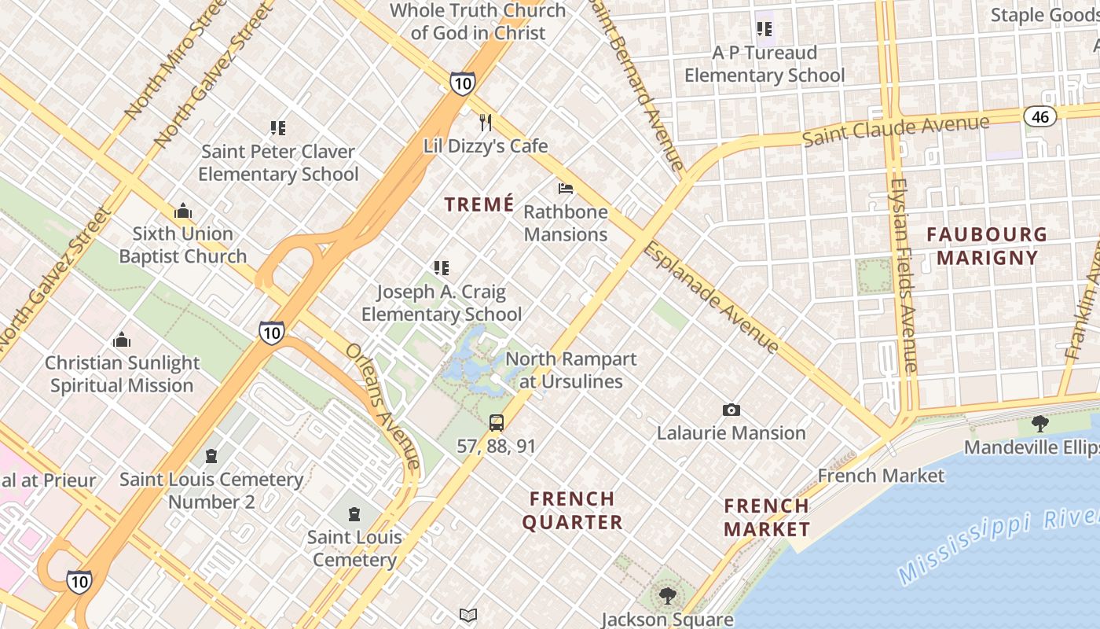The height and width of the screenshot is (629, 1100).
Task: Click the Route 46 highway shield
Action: [x=1039, y=116]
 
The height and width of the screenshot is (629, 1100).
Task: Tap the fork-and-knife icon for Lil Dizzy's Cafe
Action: [x=486, y=123]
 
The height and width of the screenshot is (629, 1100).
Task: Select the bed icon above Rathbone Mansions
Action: [x=566, y=189]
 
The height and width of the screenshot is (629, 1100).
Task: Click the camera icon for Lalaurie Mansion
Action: [x=731, y=410]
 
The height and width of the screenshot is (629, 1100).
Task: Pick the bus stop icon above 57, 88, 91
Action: [x=497, y=423]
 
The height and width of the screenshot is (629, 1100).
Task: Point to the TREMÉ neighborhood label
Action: [x=479, y=205]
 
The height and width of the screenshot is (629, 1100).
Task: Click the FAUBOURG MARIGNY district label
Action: [x=987, y=245]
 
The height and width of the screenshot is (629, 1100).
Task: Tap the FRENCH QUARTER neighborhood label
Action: [x=572, y=510]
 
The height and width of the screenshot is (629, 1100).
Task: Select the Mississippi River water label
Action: [x=998, y=546]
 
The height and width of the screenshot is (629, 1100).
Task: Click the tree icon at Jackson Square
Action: [x=667, y=596]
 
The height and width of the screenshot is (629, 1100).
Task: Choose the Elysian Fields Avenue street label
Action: [x=904, y=275]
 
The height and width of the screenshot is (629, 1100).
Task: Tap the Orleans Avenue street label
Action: [x=383, y=409]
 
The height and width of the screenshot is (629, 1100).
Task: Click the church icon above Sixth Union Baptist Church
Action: [x=183, y=212]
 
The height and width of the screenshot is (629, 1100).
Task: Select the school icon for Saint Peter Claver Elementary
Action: [x=277, y=127]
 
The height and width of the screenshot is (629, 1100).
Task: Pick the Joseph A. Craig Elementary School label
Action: [x=442, y=303]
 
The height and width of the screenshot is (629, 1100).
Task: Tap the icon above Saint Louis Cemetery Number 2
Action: [x=211, y=456]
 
